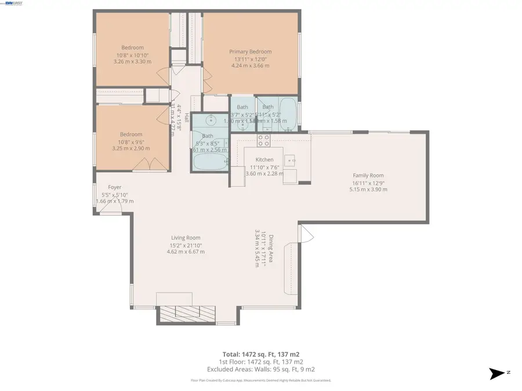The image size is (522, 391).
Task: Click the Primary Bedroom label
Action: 250,52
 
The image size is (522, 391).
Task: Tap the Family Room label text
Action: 368,176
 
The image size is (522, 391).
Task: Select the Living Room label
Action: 186,237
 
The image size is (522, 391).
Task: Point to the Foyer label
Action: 114,188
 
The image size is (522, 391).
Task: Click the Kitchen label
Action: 264,160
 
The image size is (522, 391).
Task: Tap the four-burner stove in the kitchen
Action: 263,140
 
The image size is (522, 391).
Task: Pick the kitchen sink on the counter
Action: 291,159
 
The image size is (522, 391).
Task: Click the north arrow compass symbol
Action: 496,374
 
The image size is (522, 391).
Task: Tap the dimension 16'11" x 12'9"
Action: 368,182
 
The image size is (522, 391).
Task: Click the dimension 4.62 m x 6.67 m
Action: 186,251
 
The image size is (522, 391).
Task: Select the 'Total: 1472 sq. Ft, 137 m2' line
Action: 261,354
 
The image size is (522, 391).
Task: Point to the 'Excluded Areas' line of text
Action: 261,369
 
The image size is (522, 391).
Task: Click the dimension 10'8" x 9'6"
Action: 132,141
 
